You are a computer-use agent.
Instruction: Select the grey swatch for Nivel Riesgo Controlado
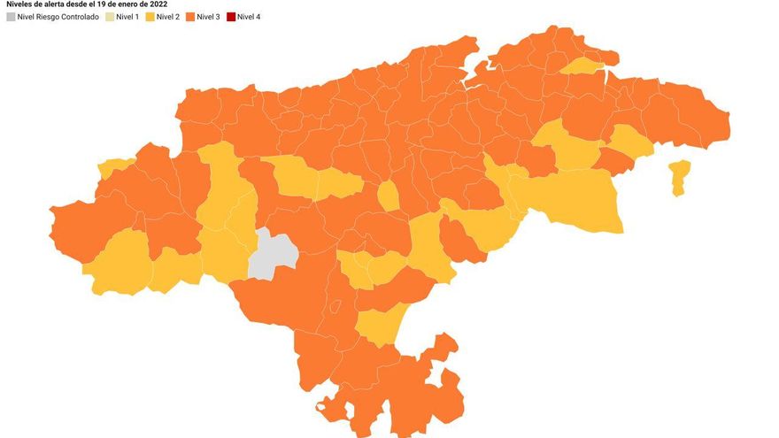[x=11, y=17]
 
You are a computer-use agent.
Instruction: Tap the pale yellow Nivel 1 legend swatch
[x=110, y=17]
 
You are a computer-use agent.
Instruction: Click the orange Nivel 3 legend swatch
[x=190, y=17]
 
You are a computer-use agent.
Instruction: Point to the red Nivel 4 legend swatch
[x=230, y=17]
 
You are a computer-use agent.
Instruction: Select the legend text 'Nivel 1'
[x=128, y=17]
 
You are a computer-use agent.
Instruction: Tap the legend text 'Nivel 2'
[x=168, y=17]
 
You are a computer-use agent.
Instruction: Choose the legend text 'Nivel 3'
[x=209, y=17]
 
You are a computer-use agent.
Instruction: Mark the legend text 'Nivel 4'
[x=249, y=17]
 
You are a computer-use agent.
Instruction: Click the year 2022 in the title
[x=158, y=4]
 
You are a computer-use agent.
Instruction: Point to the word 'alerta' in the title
[x=55, y=4]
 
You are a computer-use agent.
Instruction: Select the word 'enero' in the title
[x=133, y=4]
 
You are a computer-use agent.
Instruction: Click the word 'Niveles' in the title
[x=19, y=4]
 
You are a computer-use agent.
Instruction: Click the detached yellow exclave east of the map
[x=679, y=175]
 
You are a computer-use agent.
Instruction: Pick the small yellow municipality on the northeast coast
[x=582, y=65]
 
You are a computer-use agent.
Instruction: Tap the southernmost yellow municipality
[x=379, y=326]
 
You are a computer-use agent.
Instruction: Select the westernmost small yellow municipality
[x=113, y=166]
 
